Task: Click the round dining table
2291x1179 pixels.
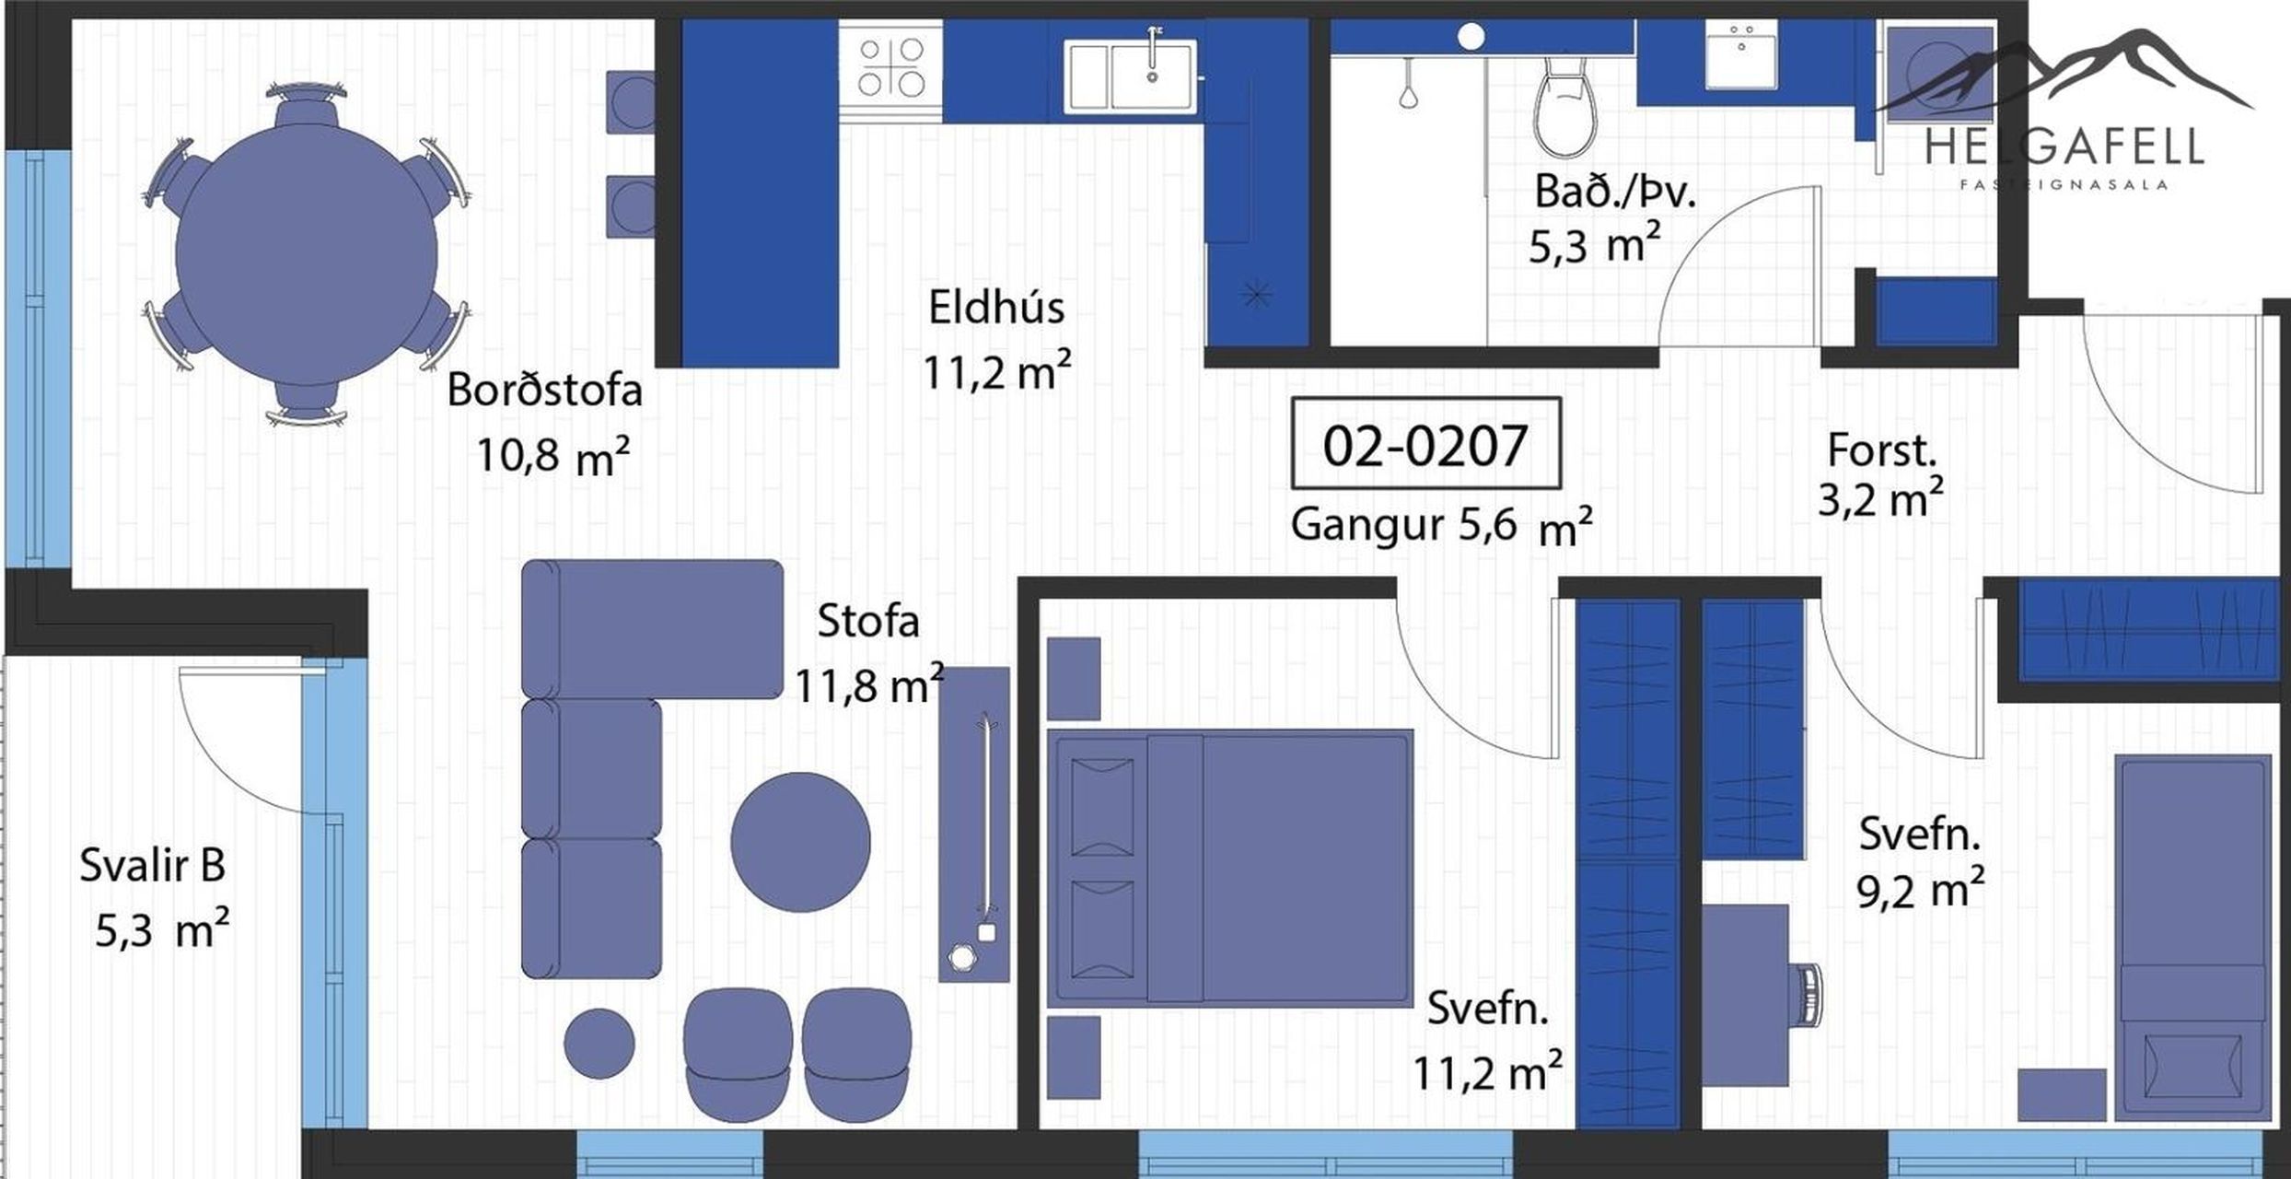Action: click(x=307, y=254)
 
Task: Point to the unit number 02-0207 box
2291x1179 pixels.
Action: click(x=1425, y=443)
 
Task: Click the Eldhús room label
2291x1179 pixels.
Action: click(x=995, y=308)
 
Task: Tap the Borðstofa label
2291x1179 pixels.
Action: click(x=544, y=390)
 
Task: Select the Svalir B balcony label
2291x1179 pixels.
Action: click(x=153, y=866)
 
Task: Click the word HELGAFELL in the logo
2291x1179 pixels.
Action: click(x=2064, y=147)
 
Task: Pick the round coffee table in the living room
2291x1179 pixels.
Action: click(x=800, y=841)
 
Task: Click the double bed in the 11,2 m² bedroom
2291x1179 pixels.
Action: click(x=1231, y=868)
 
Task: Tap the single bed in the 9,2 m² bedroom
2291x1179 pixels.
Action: click(x=2192, y=938)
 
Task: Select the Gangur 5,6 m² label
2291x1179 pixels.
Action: click(x=1441, y=526)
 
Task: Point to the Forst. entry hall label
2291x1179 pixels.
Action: click(x=1882, y=450)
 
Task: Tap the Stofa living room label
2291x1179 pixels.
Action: click(x=868, y=622)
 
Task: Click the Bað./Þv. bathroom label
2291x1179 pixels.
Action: click(x=1614, y=192)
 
